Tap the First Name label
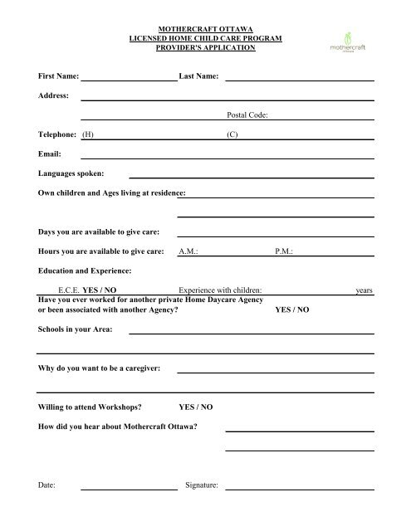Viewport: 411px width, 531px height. pos(58,76)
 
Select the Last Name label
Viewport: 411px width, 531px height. pos(198,76)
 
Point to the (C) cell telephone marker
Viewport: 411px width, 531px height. pos(232,135)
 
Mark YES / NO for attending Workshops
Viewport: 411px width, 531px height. pos(196,407)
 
